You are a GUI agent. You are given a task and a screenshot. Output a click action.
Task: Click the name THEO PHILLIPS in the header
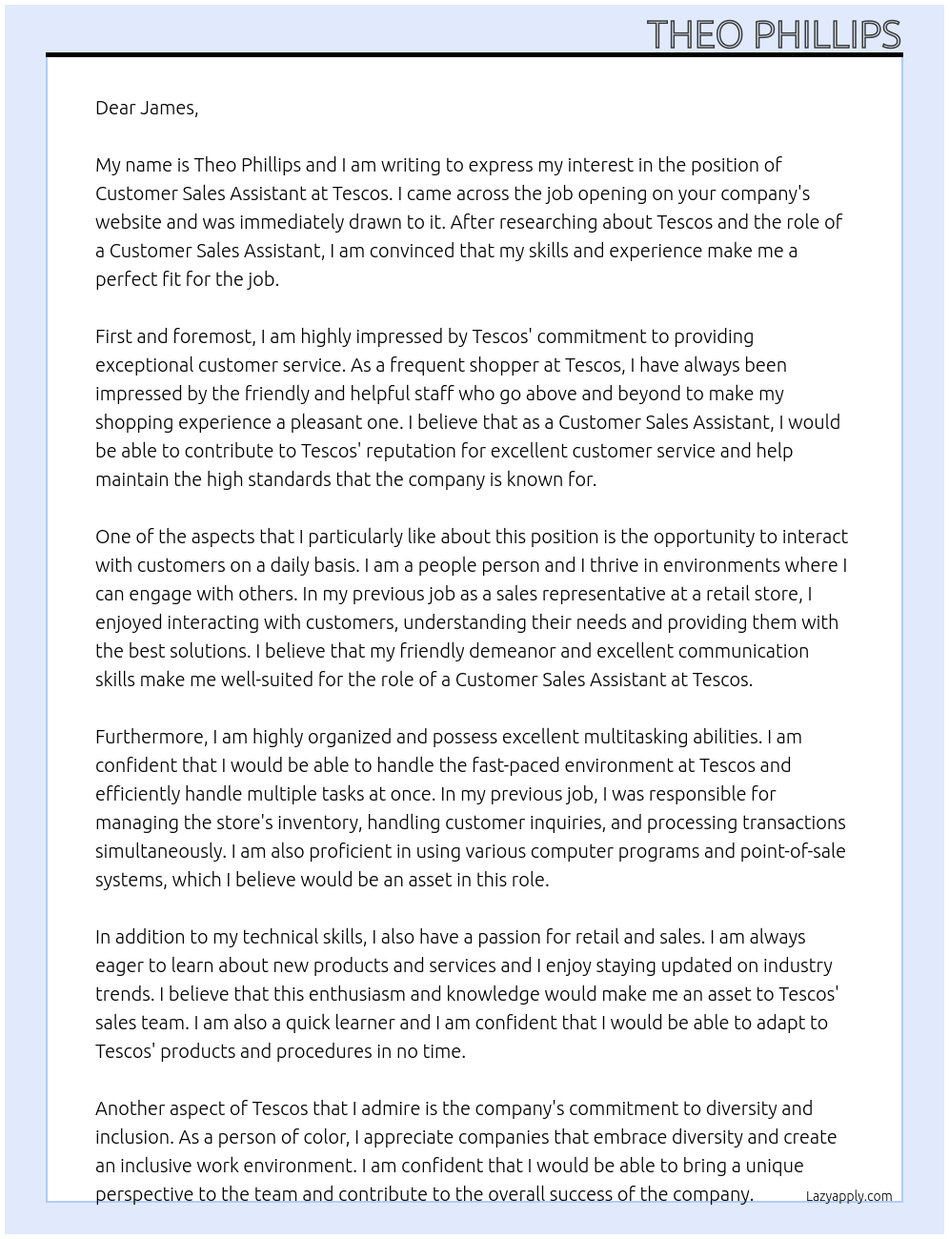pyautogui.click(x=773, y=35)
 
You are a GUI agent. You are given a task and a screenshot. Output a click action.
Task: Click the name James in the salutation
pyautogui.click(x=168, y=108)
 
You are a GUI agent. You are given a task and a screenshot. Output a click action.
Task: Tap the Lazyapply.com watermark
pyautogui.click(x=848, y=1196)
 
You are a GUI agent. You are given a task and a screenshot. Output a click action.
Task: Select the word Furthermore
pyautogui.click(x=151, y=737)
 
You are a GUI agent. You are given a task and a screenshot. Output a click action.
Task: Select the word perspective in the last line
pyautogui.click(x=148, y=1194)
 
